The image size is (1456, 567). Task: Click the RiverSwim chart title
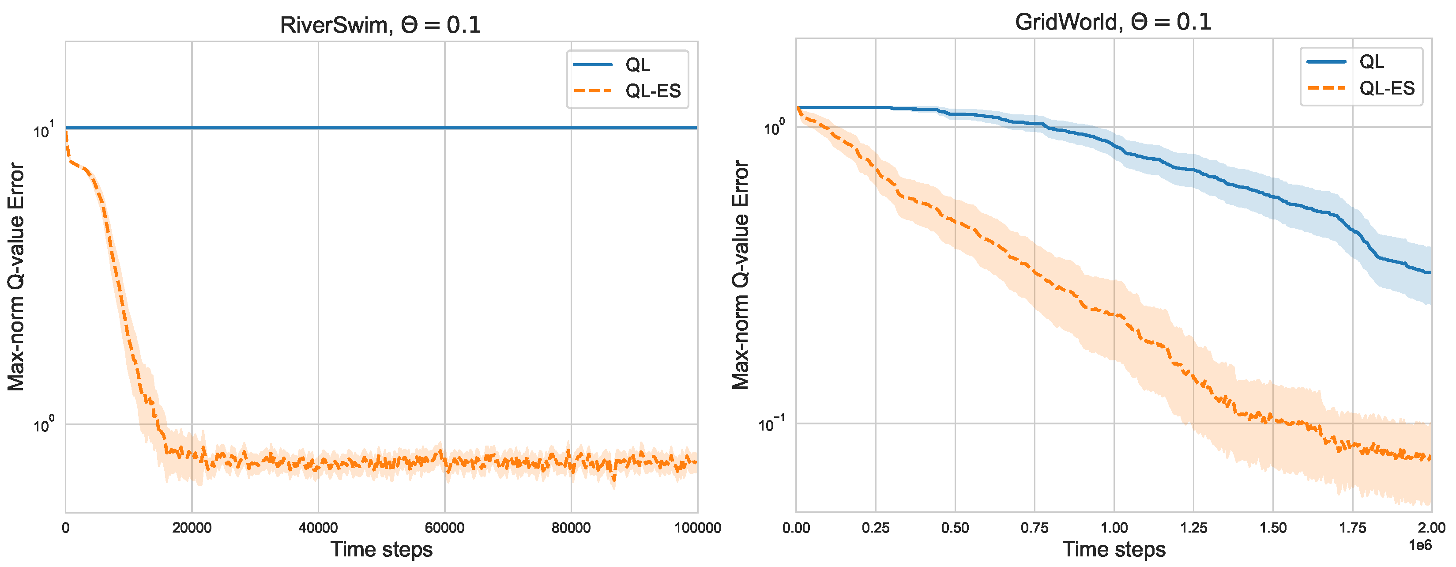[380, 25]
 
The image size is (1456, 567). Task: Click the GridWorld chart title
[1113, 22]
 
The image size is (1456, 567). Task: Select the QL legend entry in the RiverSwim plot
[637, 65]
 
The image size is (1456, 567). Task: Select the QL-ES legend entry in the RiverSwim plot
[652, 91]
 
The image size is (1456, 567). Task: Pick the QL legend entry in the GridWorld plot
[1371, 62]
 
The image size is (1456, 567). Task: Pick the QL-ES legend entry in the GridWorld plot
[1386, 88]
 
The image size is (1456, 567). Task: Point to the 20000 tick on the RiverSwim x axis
[192, 528]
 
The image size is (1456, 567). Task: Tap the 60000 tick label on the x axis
[444, 528]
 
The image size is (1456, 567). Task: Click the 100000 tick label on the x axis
[697, 528]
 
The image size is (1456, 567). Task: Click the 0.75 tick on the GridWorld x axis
[1035, 528]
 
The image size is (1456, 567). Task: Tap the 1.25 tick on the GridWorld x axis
[1193, 528]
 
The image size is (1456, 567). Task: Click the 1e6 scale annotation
[1420, 545]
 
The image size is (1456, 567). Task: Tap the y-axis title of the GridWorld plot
[741, 275]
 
